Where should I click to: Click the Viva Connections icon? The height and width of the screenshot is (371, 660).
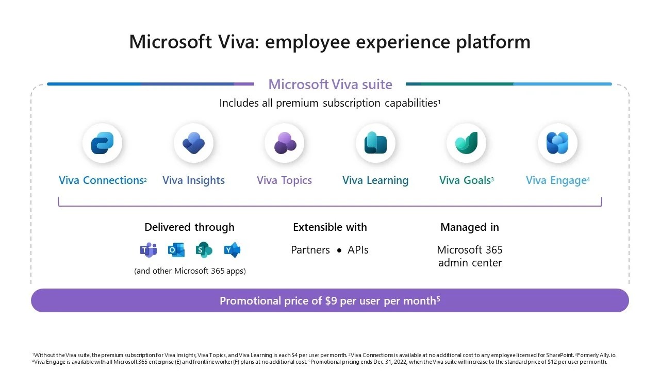point(102,143)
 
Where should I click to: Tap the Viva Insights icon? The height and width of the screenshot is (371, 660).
point(193,143)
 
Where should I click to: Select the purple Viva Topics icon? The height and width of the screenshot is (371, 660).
point(284,143)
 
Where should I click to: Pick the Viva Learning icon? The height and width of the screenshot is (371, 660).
point(375,143)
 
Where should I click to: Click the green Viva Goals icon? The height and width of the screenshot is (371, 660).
point(466,143)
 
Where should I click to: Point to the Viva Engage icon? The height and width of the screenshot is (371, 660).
point(557,143)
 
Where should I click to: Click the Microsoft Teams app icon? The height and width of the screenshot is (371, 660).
point(148,250)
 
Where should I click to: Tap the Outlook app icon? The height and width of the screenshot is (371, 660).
point(176,250)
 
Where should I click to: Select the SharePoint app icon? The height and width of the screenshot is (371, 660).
point(204,250)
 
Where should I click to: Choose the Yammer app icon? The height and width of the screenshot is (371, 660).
point(232,250)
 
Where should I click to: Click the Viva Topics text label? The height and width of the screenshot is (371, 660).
point(284,180)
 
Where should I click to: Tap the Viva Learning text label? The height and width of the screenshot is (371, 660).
point(375,180)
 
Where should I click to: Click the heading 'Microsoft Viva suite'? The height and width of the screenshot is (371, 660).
point(330,84)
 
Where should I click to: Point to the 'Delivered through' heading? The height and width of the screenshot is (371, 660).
point(189,227)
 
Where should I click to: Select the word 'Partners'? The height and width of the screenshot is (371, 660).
point(310,250)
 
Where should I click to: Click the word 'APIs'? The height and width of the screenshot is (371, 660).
point(358,250)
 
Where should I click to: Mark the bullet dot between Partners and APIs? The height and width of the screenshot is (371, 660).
point(339,251)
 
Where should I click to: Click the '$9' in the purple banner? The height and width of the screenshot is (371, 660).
point(331,300)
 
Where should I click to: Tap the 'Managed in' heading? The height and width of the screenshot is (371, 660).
point(470,227)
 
